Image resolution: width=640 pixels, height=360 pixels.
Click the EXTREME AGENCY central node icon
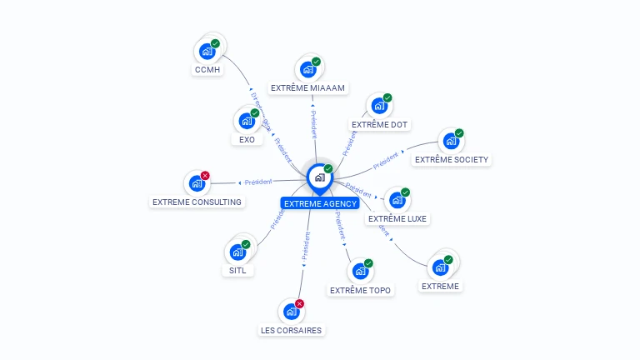pos(319,177)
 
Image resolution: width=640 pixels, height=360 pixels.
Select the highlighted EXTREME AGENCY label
pos(320,203)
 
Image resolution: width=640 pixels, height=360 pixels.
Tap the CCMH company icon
pos(207,52)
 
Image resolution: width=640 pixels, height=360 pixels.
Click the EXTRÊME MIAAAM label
pos(308,87)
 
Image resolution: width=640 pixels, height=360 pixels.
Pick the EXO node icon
pos(246,121)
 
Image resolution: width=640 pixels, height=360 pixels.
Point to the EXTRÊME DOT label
pos(379,124)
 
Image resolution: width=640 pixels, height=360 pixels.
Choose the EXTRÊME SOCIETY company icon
pos(450,141)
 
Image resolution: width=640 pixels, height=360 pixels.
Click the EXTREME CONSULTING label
pos(197,202)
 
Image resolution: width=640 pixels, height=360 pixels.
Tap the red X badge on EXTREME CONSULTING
pos(205,176)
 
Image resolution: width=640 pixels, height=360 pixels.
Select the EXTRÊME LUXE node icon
pos(397,200)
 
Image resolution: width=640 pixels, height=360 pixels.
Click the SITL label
pos(237,270)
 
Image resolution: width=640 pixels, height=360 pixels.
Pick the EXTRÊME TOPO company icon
pos(360,272)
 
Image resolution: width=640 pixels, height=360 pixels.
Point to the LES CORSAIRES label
pos(291,330)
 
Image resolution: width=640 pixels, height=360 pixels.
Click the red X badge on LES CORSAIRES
pos(299,304)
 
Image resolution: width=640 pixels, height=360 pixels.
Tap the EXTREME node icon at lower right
pos(439,268)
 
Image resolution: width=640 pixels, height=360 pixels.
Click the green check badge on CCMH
pos(215,43)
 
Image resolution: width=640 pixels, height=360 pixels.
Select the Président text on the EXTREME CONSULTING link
pos(258,182)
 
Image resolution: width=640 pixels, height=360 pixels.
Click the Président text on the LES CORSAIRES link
pos(305,247)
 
